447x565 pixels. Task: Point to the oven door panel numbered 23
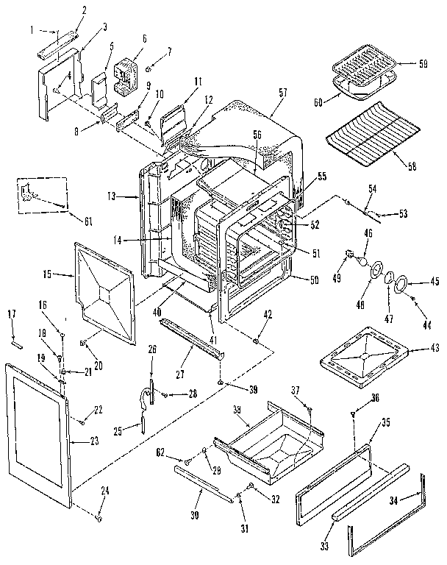40,434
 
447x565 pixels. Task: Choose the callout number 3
104,26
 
